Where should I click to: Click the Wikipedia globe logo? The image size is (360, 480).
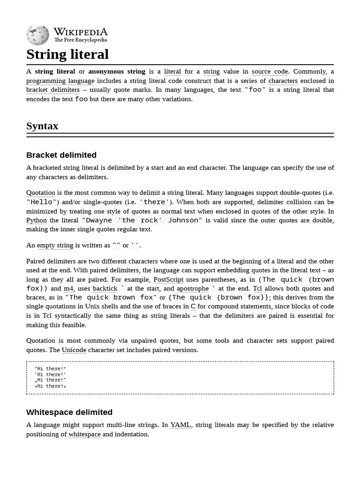pos(37,35)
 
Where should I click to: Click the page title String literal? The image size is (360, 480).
pos(67,54)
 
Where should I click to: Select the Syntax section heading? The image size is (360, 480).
pos(42,126)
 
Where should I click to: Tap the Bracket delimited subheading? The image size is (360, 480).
pos(61,155)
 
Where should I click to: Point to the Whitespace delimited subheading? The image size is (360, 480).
pos(69,412)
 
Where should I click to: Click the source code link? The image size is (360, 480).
pos(270,72)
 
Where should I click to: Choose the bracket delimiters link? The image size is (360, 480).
pos(53,90)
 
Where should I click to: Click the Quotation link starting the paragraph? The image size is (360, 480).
pos(41,193)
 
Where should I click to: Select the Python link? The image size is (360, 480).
pos(37,220)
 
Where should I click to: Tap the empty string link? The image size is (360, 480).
pos(55,245)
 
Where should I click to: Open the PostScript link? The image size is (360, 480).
pos(168,279)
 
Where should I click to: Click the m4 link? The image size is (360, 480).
pos(68,289)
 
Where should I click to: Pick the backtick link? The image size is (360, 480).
pos(105,289)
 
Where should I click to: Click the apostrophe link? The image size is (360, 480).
pos(193,289)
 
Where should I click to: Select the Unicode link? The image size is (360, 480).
pos(74,350)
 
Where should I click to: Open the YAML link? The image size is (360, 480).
pos(180,425)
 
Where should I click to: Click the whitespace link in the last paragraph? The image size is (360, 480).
pos(84,435)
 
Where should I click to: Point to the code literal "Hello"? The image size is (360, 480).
pos(42,202)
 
